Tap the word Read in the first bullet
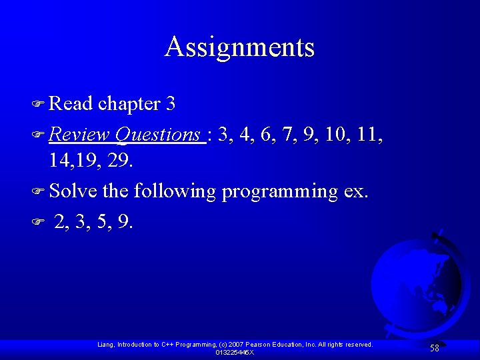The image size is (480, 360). click(x=71, y=104)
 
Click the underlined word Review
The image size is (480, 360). click(x=79, y=135)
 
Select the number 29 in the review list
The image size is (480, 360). click(x=121, y=161)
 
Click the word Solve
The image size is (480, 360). click(x=73, y=191)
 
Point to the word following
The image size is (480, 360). click(x=175, y=192)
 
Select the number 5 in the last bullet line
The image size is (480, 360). click(x=104, y=221)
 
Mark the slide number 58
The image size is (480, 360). click(x=434, y=348)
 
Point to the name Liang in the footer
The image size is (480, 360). click(x=105, y=345)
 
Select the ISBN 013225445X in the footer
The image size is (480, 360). click(x=235, y=352)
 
